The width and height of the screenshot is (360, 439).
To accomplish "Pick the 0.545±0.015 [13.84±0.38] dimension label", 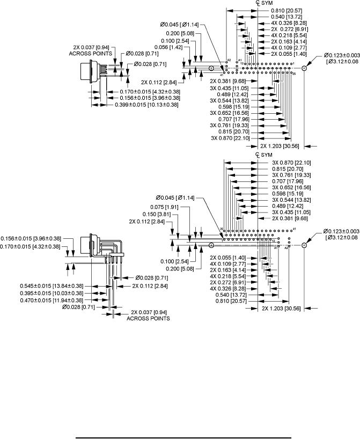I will point(52,286).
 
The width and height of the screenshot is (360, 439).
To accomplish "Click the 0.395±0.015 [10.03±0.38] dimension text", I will point(52,293).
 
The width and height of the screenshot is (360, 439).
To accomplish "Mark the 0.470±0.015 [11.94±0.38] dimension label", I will point(52,300).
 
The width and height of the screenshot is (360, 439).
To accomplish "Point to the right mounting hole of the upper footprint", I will point(304,69).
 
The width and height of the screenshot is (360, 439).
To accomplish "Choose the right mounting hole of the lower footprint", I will point(304,245).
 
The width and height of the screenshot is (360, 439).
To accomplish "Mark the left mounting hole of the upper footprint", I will point(211,69).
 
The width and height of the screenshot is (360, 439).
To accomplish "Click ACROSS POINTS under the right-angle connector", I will point(148,318).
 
